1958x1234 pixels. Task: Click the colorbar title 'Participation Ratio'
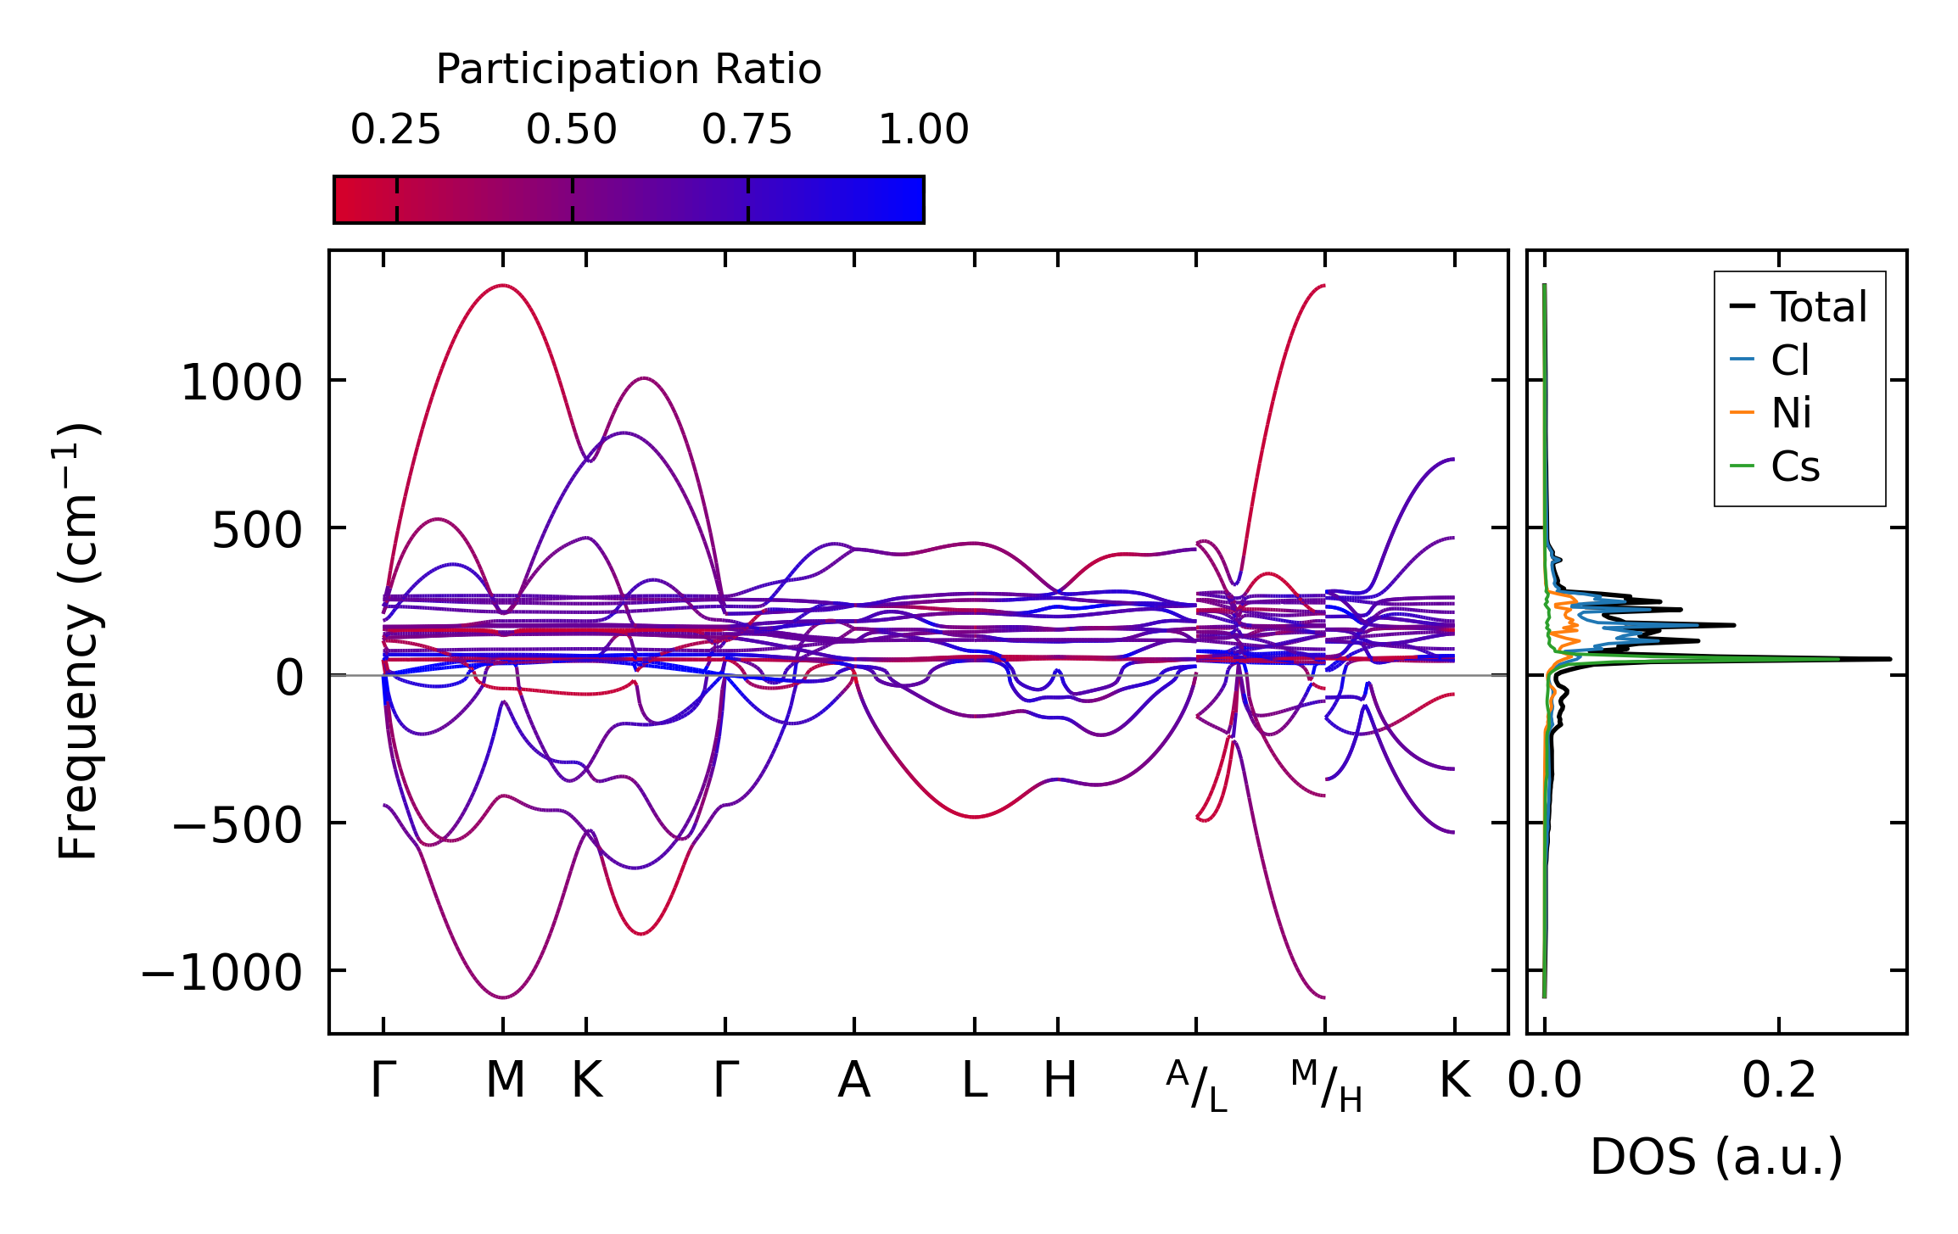(628, 69)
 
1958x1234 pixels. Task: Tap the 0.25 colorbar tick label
(395, 130)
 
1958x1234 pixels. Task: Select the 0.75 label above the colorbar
(747, 130)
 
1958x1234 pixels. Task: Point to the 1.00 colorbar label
(923, 130)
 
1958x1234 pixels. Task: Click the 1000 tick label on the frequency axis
(242, 382)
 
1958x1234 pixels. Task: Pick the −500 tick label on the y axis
(237, 824)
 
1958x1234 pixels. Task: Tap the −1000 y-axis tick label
(221, 972)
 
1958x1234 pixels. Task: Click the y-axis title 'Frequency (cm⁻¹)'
(79, 641)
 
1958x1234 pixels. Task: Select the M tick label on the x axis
(505, 1080)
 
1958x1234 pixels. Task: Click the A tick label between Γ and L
(853, 1080)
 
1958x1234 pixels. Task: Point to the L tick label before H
(974, 1080)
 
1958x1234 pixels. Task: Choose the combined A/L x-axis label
(1196, 1086)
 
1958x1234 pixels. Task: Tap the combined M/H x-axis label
(1326, 1086)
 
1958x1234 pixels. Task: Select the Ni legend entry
(1791, 413)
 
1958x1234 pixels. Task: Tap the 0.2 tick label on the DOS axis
(1779, 1080)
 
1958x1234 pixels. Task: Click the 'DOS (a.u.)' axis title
(1716, 1157)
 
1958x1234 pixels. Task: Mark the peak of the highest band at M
(503, 286)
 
